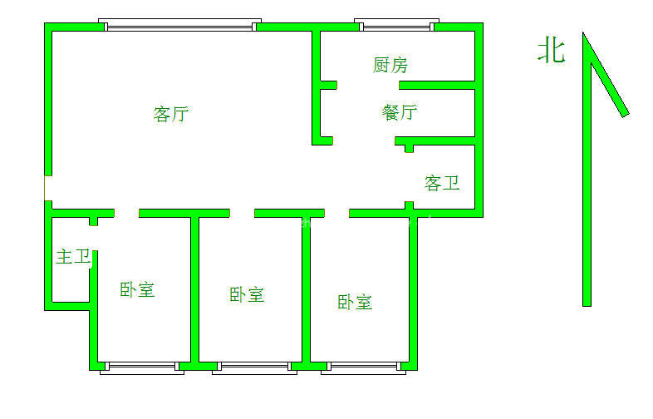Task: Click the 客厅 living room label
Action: [x=171, y=114]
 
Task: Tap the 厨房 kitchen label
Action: [x=390, y=65]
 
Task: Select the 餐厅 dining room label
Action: [x=400, y=112]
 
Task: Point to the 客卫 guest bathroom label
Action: [x=442, y=183]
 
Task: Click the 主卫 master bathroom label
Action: [x=74, y=256]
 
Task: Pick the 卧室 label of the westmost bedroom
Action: [x=137, y=290]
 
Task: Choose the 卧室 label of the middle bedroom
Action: [x=247, y=295]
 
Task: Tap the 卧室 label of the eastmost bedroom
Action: [x=355, y=303]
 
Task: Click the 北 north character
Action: [x=552, y=51]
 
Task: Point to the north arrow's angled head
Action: [x=606, y=75]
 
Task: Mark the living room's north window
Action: [x=180, y=25]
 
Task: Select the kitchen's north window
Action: [x=396, y=25]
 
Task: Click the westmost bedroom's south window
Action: [x=142, y=367]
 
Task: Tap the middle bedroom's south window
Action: [x=254, y=367]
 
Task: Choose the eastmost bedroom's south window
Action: [x=364, y=367]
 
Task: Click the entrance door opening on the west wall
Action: [x=47, y=188]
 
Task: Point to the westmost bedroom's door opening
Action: [x=126, y=213]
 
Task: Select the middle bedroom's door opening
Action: [x=242, y=213]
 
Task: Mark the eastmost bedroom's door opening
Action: [x=337, y=213]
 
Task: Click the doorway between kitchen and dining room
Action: [x=368, y=85]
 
